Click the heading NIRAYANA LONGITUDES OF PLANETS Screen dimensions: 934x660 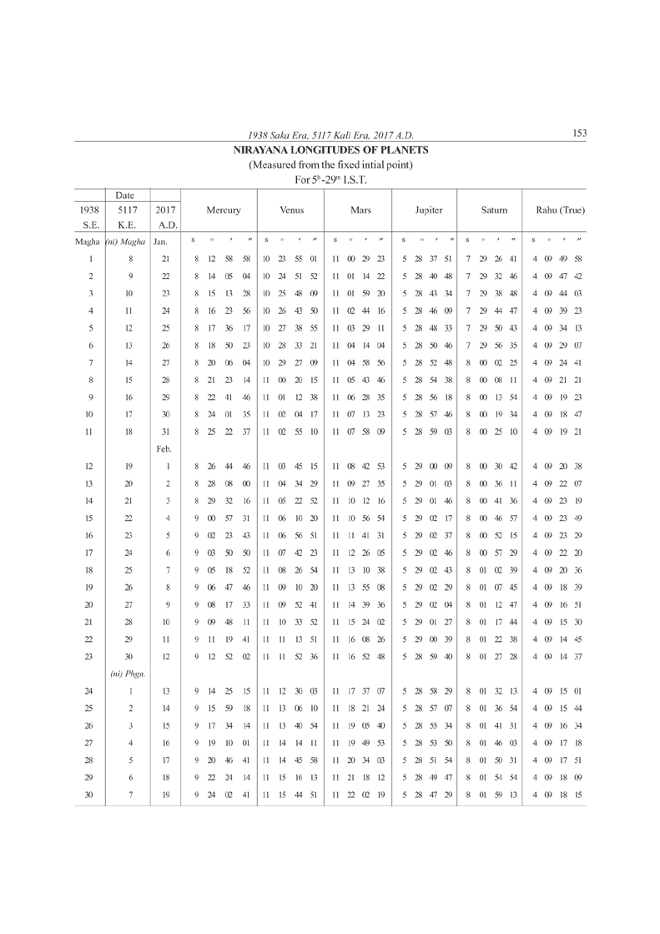[330, 150]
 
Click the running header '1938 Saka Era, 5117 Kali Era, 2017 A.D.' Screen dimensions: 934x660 [330, 135]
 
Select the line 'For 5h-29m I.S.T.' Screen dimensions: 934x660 [330, 179]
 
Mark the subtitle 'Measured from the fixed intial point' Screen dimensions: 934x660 [330, 164]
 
